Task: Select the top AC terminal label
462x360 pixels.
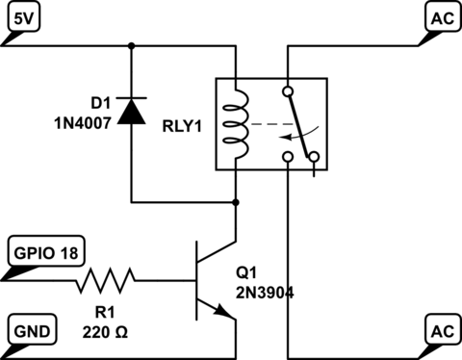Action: [x=439, y=17]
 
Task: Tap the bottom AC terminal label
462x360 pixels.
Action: [x=439, y=330]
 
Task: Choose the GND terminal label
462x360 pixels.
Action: [x=23, y=330]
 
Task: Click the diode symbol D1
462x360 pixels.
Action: [x=131, y=112]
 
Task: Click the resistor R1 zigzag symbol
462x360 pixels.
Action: [x=106, y=281]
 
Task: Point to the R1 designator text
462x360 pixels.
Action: [x=106, y=310]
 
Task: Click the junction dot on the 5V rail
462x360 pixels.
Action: [x=131, y=43]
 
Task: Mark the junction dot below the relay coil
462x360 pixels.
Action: [x=235, y=203]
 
